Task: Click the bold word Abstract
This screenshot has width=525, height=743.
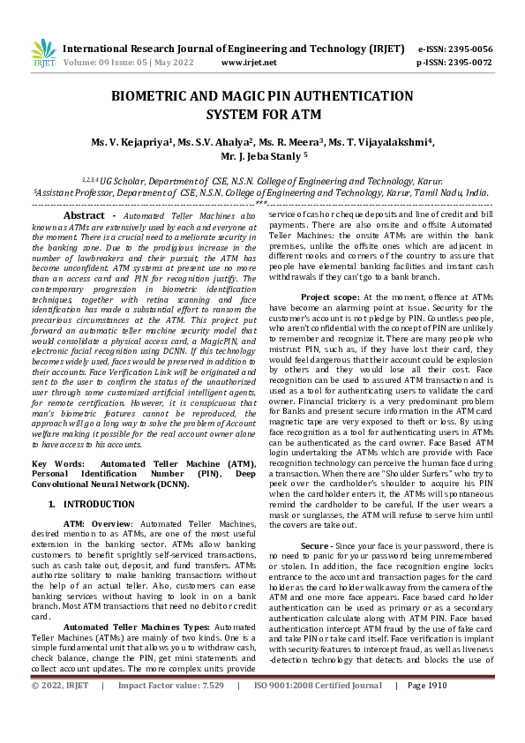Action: pos(90,215)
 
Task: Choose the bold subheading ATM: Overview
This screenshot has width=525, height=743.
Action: pos(96,523)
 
